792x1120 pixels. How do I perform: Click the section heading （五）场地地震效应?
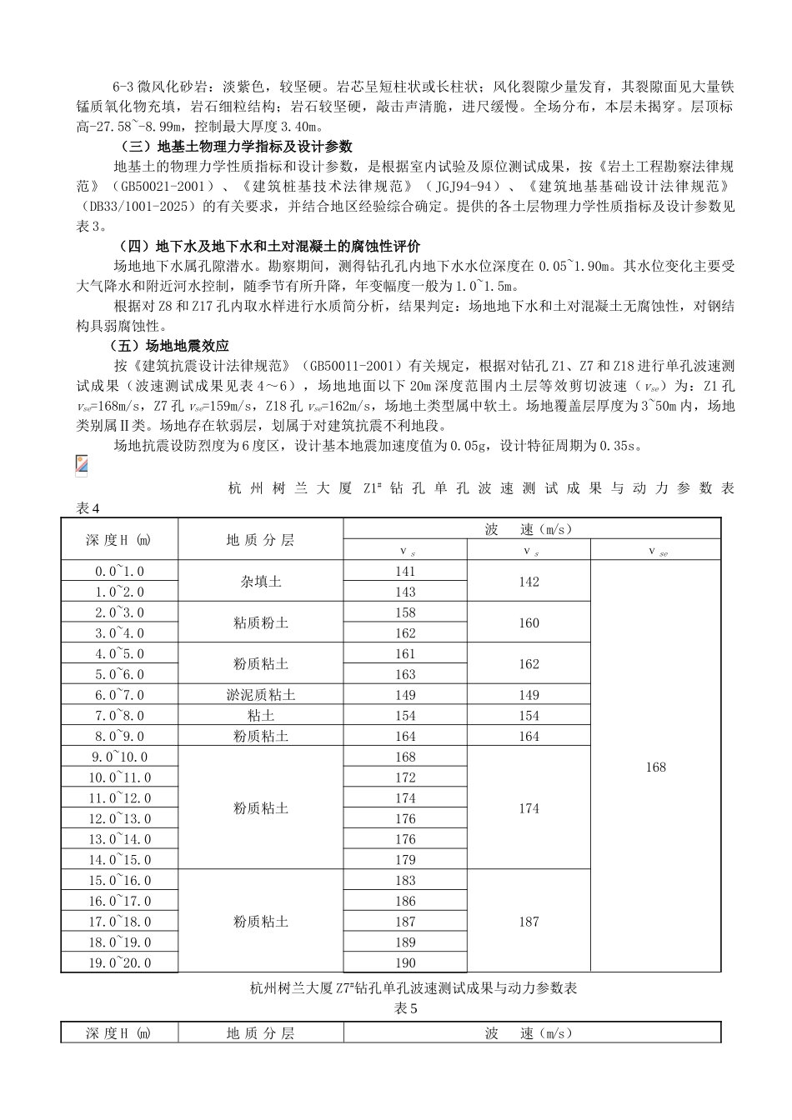point(169,345)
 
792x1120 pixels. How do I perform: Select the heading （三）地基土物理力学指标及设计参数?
point(231,147)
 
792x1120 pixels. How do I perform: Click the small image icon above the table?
point(81,466)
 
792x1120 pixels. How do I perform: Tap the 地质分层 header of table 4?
point(261,539)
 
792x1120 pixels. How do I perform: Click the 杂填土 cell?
point(261,582)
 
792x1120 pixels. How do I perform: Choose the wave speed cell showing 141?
point(405,572)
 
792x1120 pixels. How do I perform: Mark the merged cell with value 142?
point(529,582)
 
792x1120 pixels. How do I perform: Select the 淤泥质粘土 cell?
point(261,695)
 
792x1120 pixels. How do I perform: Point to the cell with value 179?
point(405,860)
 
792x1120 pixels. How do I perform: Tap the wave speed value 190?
point(405,962)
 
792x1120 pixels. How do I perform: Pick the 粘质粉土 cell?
point(261,622)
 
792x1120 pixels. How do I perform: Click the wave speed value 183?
point(405,880)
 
